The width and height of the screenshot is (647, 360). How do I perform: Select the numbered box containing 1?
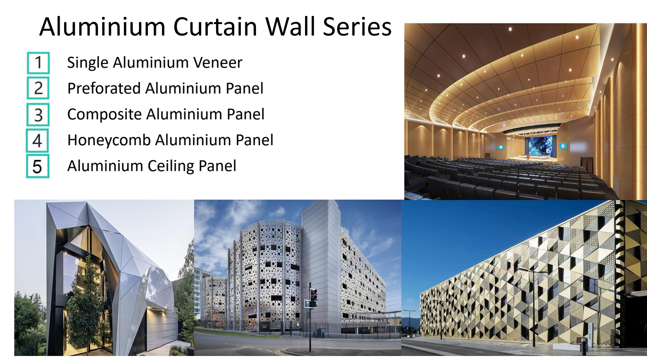tap(38, 63)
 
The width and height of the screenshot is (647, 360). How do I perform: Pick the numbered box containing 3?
tap(38, 115)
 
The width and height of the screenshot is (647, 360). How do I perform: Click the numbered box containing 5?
tap(38, 166)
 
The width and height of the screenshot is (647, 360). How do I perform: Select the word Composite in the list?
tap(105, 115)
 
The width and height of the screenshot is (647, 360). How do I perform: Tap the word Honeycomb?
tap(109, 140)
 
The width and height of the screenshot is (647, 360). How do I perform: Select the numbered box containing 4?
tap(38, 140)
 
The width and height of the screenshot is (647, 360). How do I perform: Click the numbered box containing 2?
tap(38, 88)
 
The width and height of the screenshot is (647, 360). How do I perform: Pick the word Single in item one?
tap(88, 62)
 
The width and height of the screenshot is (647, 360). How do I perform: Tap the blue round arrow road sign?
tap(308, 304)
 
